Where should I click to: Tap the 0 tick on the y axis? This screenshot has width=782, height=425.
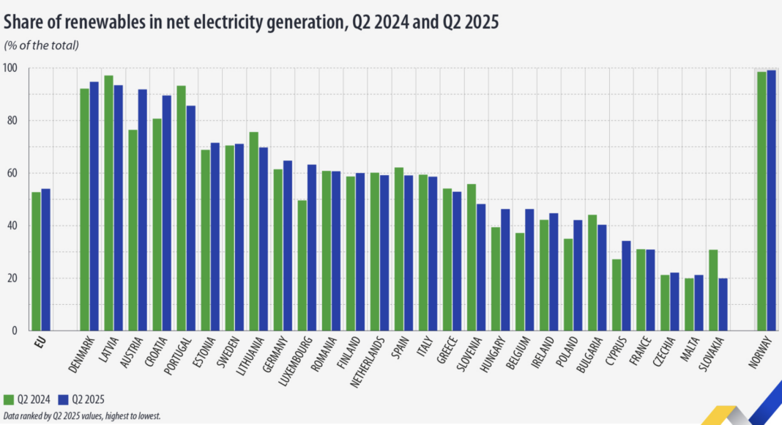point(15,330)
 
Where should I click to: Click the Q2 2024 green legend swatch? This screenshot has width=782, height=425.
point(10,399)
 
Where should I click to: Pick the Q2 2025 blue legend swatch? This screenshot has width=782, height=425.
point(63,399)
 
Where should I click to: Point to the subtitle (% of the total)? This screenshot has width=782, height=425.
point(42,45)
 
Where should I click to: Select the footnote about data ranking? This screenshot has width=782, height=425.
point(81,415)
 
